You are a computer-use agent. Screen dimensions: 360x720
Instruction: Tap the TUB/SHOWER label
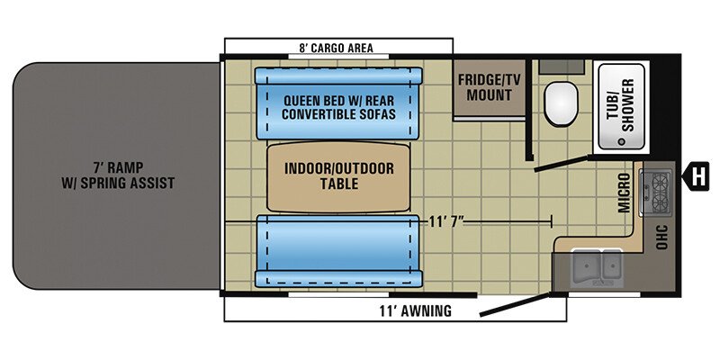tap(619, 109)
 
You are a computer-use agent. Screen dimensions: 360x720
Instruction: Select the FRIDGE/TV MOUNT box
tap(489, 87)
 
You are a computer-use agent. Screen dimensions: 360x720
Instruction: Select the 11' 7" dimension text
tap(451, 220)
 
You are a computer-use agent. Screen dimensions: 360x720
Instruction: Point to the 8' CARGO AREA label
tap(336, 48)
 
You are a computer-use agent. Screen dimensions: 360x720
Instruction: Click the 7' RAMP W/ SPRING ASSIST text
tap(113, 175)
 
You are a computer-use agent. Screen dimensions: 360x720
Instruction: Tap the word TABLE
tap(336, 184)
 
